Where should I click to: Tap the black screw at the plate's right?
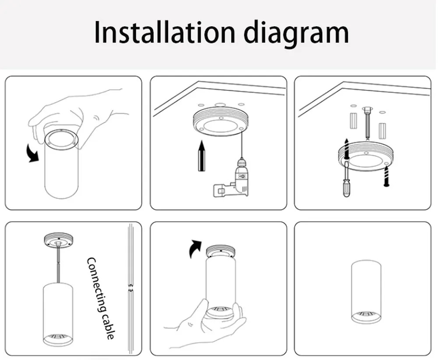[386, 176]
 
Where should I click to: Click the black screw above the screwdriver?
[346, 149]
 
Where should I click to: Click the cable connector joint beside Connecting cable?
[131, 289]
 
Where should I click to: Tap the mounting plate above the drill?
[221, 123]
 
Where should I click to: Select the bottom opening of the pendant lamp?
[58, 339]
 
